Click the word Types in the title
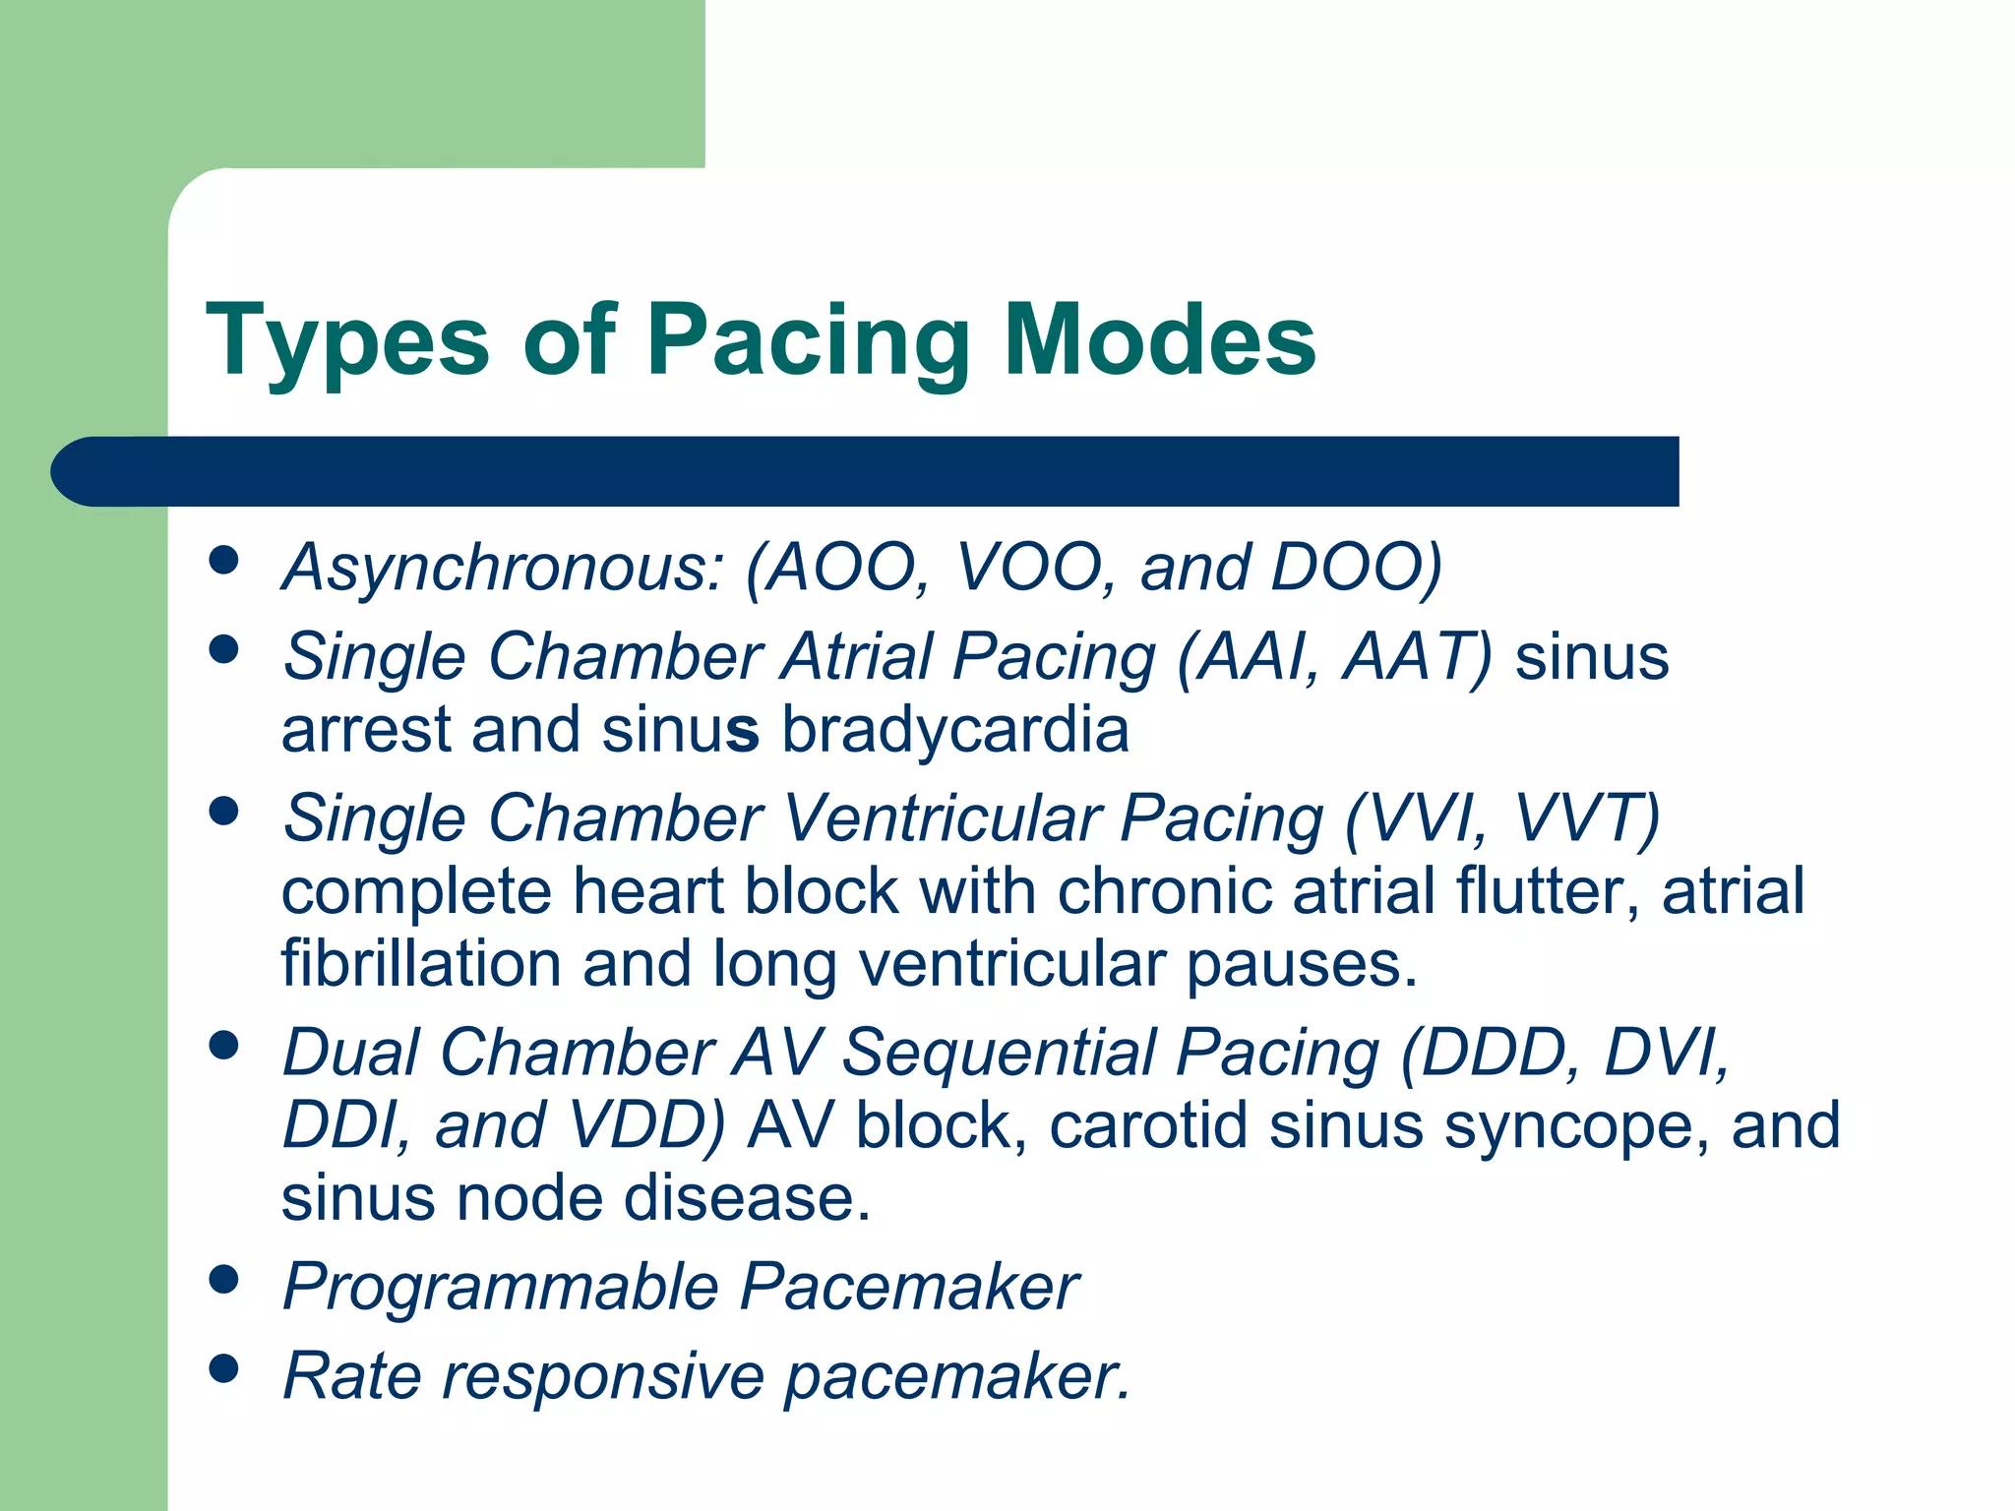pyautogui.click(x=346, y=340)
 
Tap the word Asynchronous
pyautogui.click(x=503, y=570)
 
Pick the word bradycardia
pyautogui.click(x=954, y=731)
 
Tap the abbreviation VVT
pyautogui.click(x=1584, y=818)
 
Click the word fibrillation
pyautogui.click(x=421, y=964)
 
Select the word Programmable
pyautogui.click(x=501, y=1288)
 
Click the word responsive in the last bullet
pyautogui.click(x=602, y=1376)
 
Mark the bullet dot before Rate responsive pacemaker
pyautogui.click(x=224, y=1368)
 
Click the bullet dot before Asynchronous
pyautogui.click(x=224, y=560)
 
